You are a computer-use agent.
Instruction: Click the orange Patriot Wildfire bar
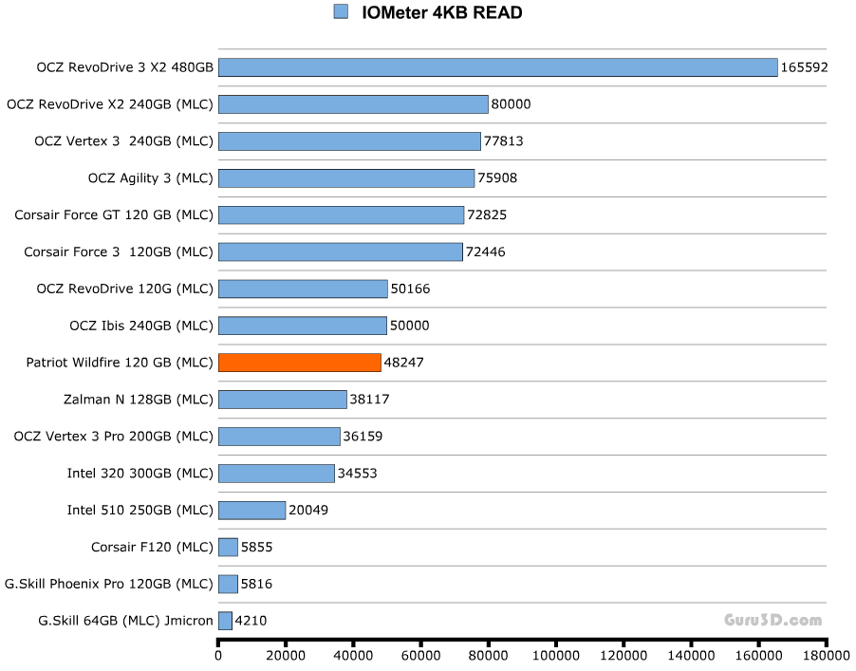[x=300, y=363]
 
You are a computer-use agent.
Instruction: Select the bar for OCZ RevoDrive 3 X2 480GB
[x=498, y=67]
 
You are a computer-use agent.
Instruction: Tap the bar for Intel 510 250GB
[x=251, y=510]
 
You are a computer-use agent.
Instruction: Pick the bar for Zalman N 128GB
[x=283, y=400]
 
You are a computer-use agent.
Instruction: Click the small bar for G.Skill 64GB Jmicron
[x=225, y=621]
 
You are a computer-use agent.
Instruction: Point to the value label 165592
[x=805, y=67]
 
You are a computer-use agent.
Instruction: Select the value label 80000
[x=512, y=104]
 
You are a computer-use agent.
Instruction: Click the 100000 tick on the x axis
[x=556, y=655]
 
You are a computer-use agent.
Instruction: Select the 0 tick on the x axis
[x=218, y=655]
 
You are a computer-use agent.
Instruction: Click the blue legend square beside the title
[x=341, y=11]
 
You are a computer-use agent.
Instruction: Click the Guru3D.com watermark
[x=773, y=621]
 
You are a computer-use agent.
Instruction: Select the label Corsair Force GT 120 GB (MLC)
[x=114, y=214]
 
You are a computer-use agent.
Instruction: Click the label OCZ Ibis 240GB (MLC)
[x=141, y=326]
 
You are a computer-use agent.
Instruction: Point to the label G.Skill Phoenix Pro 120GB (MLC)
[x=109, y=584]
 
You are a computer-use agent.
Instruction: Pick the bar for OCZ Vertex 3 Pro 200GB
[x=279, y=437]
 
